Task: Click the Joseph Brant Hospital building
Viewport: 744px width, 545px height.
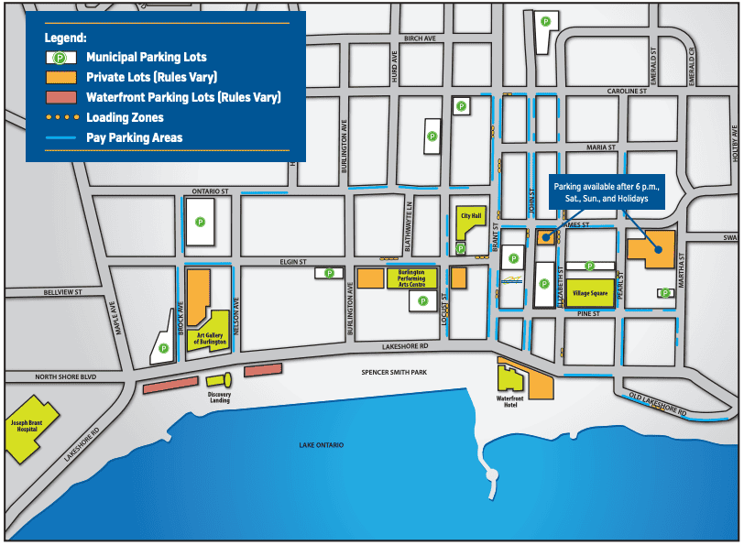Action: click(28, 429)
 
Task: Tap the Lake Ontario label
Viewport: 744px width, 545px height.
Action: click(321, 444)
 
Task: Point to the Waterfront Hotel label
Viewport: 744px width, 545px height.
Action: click(509, 402)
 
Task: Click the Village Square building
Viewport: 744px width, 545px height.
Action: click(589, 292)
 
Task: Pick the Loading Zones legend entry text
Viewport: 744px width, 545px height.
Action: click(125, 117)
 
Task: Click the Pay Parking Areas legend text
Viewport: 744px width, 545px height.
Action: click(134, 137)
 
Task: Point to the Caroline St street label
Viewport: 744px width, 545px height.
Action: click(628, 92)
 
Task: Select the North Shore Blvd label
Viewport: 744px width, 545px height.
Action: click(66, 376)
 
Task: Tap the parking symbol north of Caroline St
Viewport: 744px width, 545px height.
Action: click(545, 21)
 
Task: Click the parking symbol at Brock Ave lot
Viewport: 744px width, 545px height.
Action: click(163, 348)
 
